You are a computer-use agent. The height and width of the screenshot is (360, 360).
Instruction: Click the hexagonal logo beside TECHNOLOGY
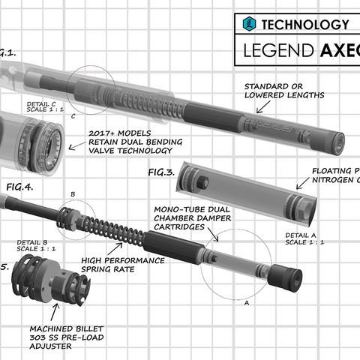(249, 25)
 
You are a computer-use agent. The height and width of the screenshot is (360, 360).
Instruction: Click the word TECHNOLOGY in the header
(304, 25)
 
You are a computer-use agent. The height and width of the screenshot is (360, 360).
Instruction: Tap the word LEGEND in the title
(278, 52)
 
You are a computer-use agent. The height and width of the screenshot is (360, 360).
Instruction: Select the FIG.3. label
(161, 172)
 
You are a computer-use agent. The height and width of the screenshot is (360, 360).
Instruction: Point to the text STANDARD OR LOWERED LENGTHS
(284, 91)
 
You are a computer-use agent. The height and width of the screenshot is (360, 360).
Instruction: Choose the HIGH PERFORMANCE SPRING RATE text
(123, 263)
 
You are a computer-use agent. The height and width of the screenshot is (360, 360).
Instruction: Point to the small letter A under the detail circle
(247, 304)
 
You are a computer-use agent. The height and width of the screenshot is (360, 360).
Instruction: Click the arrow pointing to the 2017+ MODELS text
(76, 147)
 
